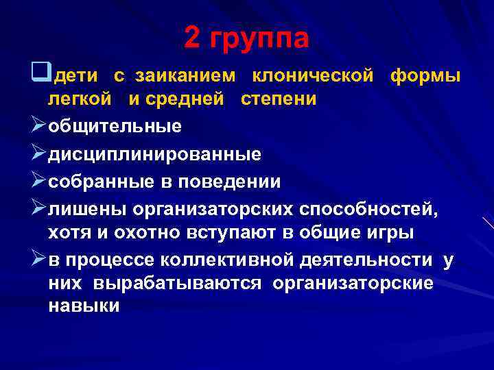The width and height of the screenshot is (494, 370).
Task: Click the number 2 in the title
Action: [x=193, y=39]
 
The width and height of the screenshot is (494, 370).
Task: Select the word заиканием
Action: [x=185, y=73]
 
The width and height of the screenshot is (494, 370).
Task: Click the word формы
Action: [x=425, y=74]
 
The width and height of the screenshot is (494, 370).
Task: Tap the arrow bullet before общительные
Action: [x=38, y=127]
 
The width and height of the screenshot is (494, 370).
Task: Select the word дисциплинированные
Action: [x=154, y=155]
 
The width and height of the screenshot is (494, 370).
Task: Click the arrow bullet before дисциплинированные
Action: [x=38, y=154]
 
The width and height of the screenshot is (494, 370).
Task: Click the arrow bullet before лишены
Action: [x=38, y=209]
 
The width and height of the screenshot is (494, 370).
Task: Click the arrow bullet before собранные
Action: [x=38, y=182]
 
